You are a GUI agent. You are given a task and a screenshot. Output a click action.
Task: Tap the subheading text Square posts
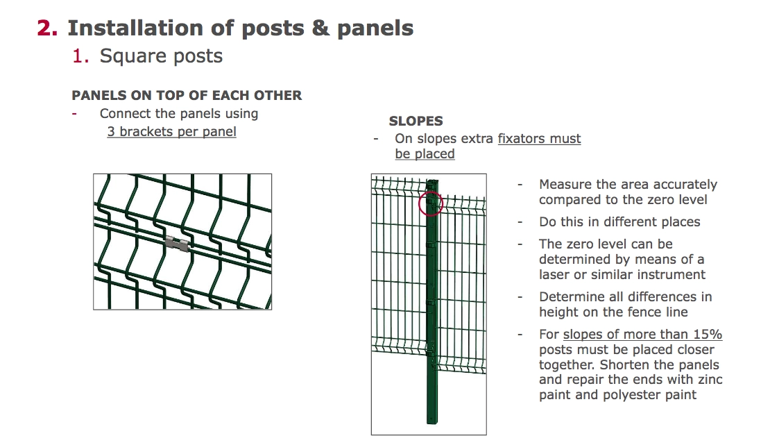[161, 56]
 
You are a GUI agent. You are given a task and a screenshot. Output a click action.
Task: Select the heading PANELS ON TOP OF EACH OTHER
[187, 96]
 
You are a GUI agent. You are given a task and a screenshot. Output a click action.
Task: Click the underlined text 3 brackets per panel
[171, 131]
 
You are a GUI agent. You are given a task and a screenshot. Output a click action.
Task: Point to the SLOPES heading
[416, 121]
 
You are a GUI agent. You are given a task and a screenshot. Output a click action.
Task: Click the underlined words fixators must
[539, 139]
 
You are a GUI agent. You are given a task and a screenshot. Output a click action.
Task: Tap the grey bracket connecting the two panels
[176, 242]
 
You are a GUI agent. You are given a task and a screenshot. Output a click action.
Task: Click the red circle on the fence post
[431, 204]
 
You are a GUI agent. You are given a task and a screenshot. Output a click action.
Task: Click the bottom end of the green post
[433, 420]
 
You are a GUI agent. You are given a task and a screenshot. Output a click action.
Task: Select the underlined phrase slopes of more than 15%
[642, 335]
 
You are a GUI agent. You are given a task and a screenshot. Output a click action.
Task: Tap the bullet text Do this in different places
[619, 222]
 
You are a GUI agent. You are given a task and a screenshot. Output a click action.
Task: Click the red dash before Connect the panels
[74, 114]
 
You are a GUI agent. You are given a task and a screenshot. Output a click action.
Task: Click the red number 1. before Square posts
[81, 56]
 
